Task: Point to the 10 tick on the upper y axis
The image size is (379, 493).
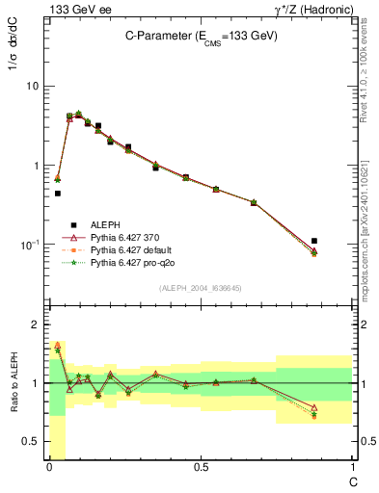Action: point(32,86)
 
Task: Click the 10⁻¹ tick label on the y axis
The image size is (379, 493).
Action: point(30,245)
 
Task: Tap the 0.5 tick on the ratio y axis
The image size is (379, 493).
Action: point(31,442)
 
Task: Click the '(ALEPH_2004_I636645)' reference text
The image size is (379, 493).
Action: point(201,287)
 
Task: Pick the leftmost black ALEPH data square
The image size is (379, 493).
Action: point(58,194)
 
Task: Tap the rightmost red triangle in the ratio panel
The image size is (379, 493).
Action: point(314,407)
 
